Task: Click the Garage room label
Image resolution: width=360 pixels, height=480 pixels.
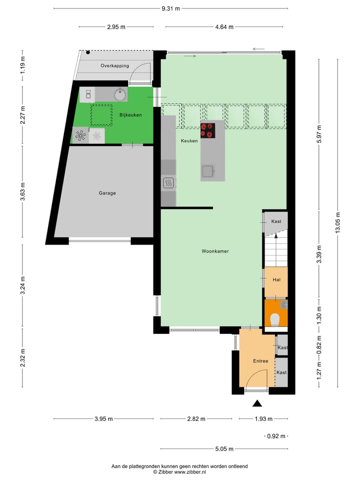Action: [x=107, y=193]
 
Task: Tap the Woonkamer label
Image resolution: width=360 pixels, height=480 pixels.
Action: [x=215, y=251]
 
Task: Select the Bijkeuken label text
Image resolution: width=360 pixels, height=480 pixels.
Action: [x=130, y=115]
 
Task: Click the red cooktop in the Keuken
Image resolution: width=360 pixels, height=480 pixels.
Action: [x=207, y=130]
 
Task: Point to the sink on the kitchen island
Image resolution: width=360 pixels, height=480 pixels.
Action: [x=208, y=172]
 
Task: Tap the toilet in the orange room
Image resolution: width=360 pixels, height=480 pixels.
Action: [x=274, y=318]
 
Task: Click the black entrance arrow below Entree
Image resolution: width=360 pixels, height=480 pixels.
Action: [x=257, y=403]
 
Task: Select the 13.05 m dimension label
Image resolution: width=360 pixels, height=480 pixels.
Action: [x=338, y=223]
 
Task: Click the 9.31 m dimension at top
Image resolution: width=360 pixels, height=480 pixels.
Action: [x=170, y=8]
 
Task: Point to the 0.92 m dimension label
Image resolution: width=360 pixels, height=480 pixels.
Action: [x=275, y=436]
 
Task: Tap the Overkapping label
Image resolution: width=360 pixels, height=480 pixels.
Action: [x=114, y=65]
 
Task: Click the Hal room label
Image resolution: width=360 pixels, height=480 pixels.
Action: [x=275, y=280]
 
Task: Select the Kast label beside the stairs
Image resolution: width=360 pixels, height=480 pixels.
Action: [x=276, y=221]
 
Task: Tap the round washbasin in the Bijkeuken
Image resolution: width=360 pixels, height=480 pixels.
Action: [x=119, y=94]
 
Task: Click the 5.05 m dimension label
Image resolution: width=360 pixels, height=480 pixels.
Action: [x=223, y=449]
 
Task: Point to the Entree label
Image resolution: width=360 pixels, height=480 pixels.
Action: [x=260, y=361]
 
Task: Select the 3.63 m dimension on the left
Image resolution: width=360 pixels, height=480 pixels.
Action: [x=23, y=191]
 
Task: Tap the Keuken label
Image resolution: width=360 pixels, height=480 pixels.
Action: [x=189, y=141]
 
